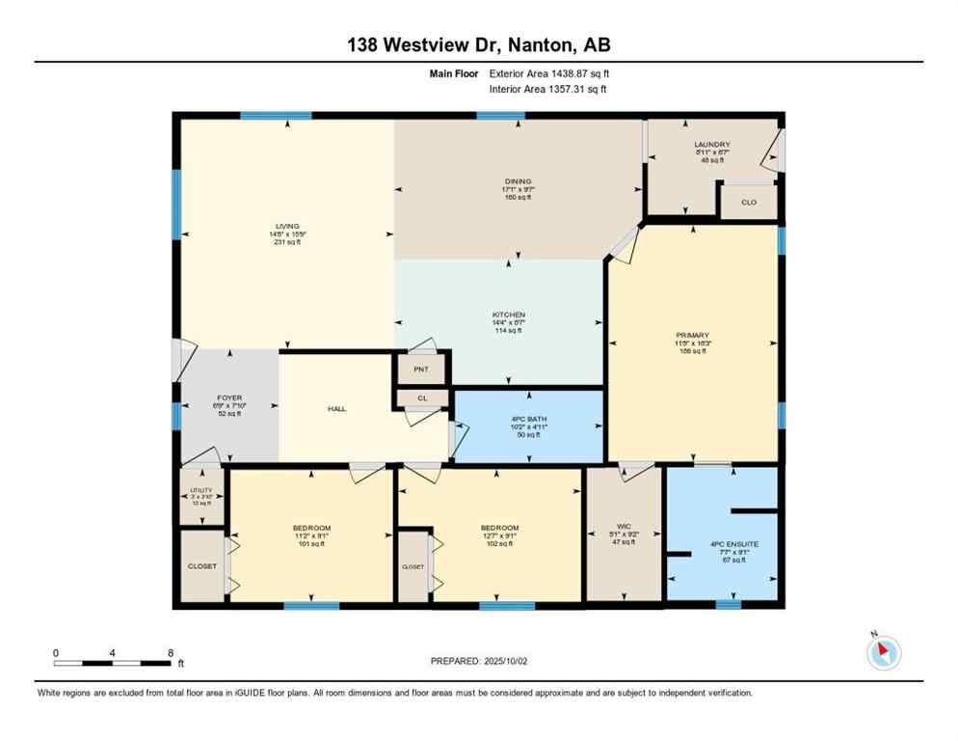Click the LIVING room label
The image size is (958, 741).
coord(286,226)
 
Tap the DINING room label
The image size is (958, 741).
coord(518,180)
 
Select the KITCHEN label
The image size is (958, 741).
coord(508,315)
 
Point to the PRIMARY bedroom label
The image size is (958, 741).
coord(691,337)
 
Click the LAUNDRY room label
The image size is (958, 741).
coord(712,145)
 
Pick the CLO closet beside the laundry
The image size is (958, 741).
coord(749,203)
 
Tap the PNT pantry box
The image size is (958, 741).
coord(421,369)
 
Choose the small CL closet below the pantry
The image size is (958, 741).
coord(422,397)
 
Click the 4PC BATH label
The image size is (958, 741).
coord(529,419)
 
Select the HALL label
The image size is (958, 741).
coord(336,409)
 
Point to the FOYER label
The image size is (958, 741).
coord(229,398)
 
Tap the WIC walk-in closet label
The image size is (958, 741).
coord(624,528)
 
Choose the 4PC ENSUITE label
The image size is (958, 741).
coord(734,544)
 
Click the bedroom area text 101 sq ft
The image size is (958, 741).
coord(311,544)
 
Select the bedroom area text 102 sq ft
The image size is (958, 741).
coord(499,544)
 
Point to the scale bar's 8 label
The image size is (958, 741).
coord(171,653)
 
